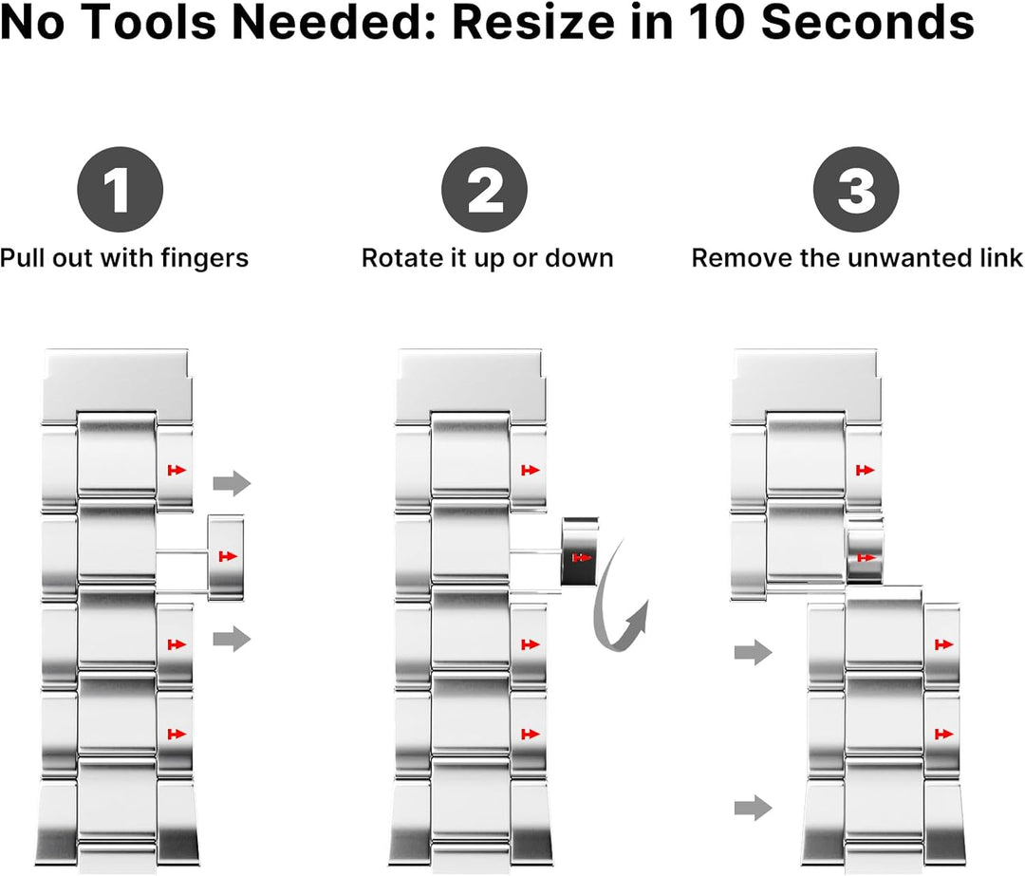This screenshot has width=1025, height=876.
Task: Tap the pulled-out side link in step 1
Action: [226, 556]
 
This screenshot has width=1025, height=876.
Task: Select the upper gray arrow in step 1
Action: [231, 484]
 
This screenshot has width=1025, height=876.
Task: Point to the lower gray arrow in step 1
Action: [231, 639]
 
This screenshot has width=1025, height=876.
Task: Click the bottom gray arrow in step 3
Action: [753, 809]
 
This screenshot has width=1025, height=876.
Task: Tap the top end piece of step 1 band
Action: [119, 384]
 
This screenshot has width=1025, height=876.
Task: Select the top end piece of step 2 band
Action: [472, 384]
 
